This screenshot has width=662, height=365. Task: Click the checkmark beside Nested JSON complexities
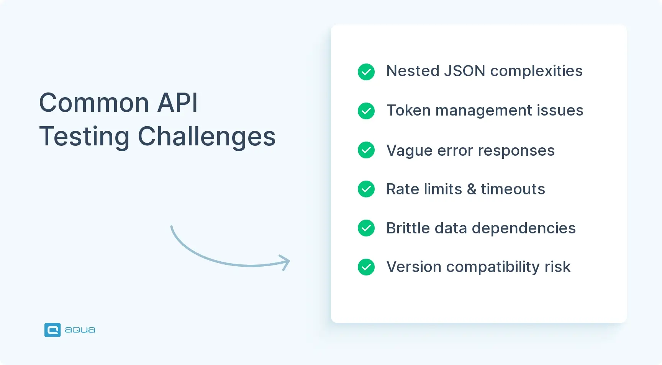366,72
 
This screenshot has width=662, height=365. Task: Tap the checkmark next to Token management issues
366,111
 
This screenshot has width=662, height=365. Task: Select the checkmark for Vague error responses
366,150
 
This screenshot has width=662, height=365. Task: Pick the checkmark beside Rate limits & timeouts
366,189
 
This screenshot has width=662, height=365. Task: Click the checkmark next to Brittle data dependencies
366,228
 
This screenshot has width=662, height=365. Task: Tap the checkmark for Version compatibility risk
366,267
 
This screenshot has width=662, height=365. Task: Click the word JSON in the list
464,71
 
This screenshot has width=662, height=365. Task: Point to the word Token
408,111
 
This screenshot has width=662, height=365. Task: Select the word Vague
410,151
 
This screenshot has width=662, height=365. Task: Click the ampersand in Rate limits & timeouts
472,189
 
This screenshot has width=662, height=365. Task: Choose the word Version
414,267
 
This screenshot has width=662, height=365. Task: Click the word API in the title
178,103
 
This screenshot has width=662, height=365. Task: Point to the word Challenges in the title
206,137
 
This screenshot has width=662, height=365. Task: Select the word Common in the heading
94,103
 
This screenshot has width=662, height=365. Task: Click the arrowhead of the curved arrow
286,262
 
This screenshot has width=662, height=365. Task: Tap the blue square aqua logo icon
52,330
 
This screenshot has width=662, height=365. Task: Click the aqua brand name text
80,330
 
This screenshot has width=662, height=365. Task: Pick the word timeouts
513,189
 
